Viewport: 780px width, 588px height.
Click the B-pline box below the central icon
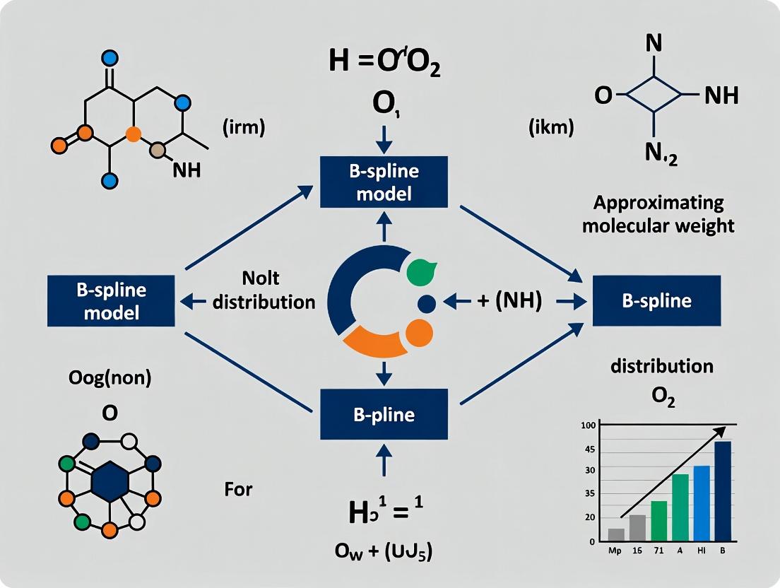click(x=384, y=414)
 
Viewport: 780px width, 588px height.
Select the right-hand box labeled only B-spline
click(x=656, y=300)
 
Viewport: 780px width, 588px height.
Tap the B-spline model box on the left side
click(x=112, y=300)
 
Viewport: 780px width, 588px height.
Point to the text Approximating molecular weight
click(x=658, y=215)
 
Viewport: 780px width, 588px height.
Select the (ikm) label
click(x=550, y=128)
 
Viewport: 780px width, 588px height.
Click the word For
click(x=238, y=488)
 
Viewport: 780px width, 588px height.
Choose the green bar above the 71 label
click(x=658, y=521)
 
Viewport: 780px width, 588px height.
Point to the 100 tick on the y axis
click(x=587, y=425)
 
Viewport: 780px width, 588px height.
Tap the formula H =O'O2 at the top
click(x=384, y=63)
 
